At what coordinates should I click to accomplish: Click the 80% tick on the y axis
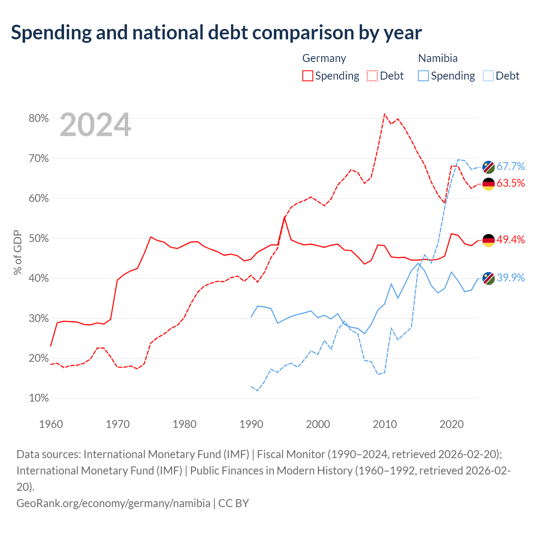[x=39, y=118]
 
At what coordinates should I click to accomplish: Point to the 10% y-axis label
[x=39, y=398]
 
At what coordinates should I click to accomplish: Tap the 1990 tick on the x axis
[x=251, y=425]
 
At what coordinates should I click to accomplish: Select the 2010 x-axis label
[x=385, y=425]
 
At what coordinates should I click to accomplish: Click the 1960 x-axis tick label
[x=51, y=425]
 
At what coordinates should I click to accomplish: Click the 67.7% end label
[x=511, y=166]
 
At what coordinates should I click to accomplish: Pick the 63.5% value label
[x=511, y=183]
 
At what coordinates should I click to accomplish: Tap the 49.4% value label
[x=511, y=240]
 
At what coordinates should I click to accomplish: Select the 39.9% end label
[x=511, y=278]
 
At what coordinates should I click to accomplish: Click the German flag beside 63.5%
[x=488, y=184]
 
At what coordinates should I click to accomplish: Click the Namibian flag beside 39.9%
[x=488, y=278]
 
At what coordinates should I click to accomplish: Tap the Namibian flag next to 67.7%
[x=488, y=167]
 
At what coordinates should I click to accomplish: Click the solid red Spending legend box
[x=308, y=76]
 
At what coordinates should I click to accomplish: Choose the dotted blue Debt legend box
[x=488, y=76]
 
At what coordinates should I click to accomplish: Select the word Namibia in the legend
[x=438, y=58]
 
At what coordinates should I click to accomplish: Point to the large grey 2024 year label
[x=95, y=125]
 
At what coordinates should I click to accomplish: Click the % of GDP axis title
[x=18, y=252]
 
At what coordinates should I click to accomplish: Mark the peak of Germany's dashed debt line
[x=384, y=114]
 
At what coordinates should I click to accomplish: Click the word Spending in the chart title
[x=52, y=33]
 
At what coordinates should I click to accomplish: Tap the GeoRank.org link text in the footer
[x=113, y=503]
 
